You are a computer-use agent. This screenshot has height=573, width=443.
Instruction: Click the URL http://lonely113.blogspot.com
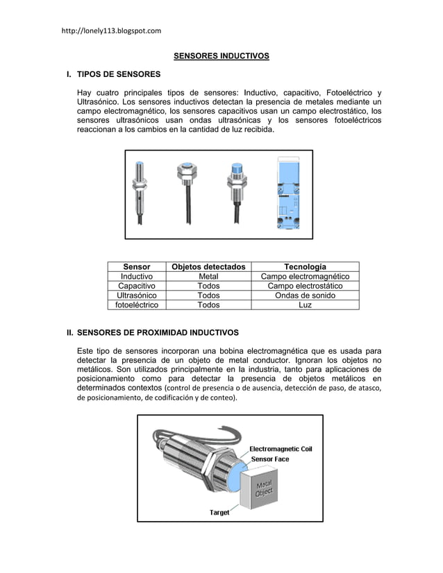[111, 31]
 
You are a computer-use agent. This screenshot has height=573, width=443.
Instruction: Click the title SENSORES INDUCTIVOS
[221, 55]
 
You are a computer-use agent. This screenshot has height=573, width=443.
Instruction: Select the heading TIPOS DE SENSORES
[119, 74]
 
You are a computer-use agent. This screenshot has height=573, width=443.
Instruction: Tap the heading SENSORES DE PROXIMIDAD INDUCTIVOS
[158, 332]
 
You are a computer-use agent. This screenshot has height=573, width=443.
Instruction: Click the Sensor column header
[137, 267]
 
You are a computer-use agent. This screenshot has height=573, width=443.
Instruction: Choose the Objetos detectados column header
[208, 267]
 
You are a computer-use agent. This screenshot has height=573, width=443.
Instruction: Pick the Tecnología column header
[305, 267]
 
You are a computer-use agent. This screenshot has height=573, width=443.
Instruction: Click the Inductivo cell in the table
[137, 277]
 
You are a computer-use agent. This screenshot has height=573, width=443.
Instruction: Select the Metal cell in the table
[208, 277]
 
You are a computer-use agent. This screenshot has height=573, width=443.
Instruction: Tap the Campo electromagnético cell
[305, 277]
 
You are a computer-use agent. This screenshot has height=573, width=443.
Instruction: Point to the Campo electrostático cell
[305, 286]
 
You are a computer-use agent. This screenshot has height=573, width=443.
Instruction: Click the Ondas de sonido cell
[305, 296]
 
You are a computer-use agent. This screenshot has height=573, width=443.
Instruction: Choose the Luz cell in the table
[305, 305]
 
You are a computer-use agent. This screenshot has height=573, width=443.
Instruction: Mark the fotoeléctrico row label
[137, 305]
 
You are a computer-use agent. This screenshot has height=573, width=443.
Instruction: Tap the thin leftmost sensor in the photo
[140, 191]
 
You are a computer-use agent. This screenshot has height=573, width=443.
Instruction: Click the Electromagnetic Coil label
[281, 449]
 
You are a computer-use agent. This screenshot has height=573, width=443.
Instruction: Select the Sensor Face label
[270, 459]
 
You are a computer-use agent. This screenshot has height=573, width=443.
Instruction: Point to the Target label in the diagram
[219, 513]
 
